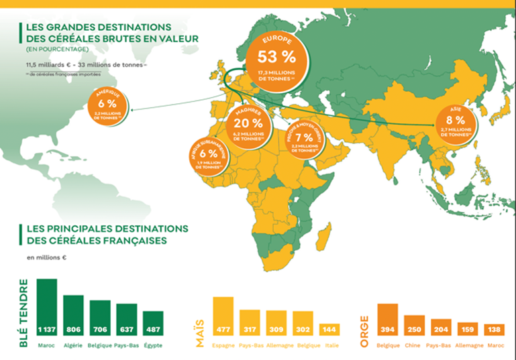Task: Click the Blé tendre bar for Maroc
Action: [x=46, y=309]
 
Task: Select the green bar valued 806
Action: [x=73, y=317]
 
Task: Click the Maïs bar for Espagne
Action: [x=223, y=317]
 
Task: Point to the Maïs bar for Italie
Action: [x=329, y=331]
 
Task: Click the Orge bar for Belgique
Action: [x=388, y=321]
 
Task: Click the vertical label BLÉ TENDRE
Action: [x=24, y=312]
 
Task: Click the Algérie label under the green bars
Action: [x=73, y=345]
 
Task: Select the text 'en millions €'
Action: [x=48, y=257]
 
